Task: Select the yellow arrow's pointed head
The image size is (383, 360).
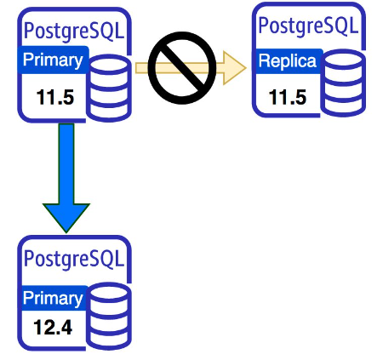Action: coord(235,68)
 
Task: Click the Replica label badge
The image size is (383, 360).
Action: coord(288,61)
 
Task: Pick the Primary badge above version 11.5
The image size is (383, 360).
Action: coord(53,60)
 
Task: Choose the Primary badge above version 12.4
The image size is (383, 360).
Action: coord(53,298)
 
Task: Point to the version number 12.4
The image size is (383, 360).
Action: coord(53,327)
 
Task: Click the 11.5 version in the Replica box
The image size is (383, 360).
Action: coord(288,97)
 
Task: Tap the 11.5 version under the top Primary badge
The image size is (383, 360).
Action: coord(55,97)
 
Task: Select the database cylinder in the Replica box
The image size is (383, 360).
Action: coord(343,83)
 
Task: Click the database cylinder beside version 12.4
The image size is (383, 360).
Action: coord(109,317)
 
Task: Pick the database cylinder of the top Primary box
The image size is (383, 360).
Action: coord(109,88)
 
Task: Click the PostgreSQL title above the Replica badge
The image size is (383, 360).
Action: coord(308,26)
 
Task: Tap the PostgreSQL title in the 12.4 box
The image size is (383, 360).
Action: coord(74,260)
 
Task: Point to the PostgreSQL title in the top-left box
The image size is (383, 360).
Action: coord(74,31)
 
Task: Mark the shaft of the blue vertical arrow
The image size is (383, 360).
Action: coord(66,163)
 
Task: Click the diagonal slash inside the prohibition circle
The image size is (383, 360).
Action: coord(182,68)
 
